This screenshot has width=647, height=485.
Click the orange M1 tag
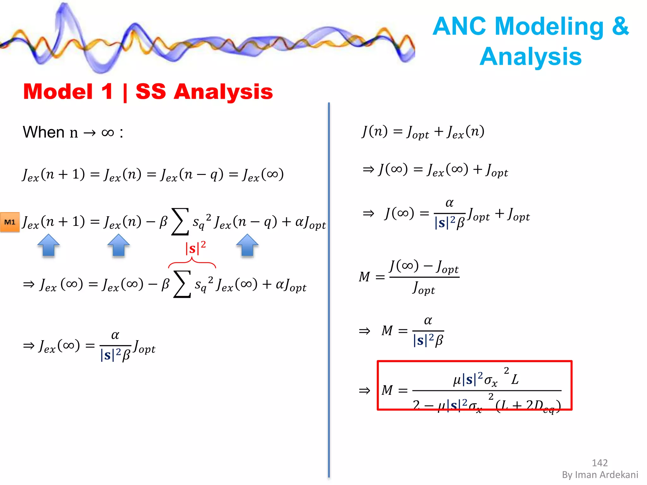point(10,222)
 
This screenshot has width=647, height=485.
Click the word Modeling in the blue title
point(549,26)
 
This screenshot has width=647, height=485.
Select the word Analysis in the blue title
point(531,57)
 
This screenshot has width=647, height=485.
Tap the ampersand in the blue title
point(620,26)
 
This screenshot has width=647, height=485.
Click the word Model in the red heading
point(58,92)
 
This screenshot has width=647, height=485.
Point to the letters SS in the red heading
point(151,92)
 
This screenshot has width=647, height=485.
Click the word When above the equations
point(44,132)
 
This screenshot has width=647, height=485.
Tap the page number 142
point(599,463)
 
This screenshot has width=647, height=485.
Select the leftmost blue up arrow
point(48,245)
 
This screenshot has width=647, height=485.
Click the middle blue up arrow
point(118,245)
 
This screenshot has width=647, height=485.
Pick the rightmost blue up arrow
point(247,245)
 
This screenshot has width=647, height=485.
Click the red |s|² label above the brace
point(195,248)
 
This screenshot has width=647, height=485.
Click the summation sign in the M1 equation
point(180,222)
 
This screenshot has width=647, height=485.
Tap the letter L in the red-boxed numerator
point(515,379)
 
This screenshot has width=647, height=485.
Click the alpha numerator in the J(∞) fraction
point(450,203)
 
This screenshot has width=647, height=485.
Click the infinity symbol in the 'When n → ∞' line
point(108,133)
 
